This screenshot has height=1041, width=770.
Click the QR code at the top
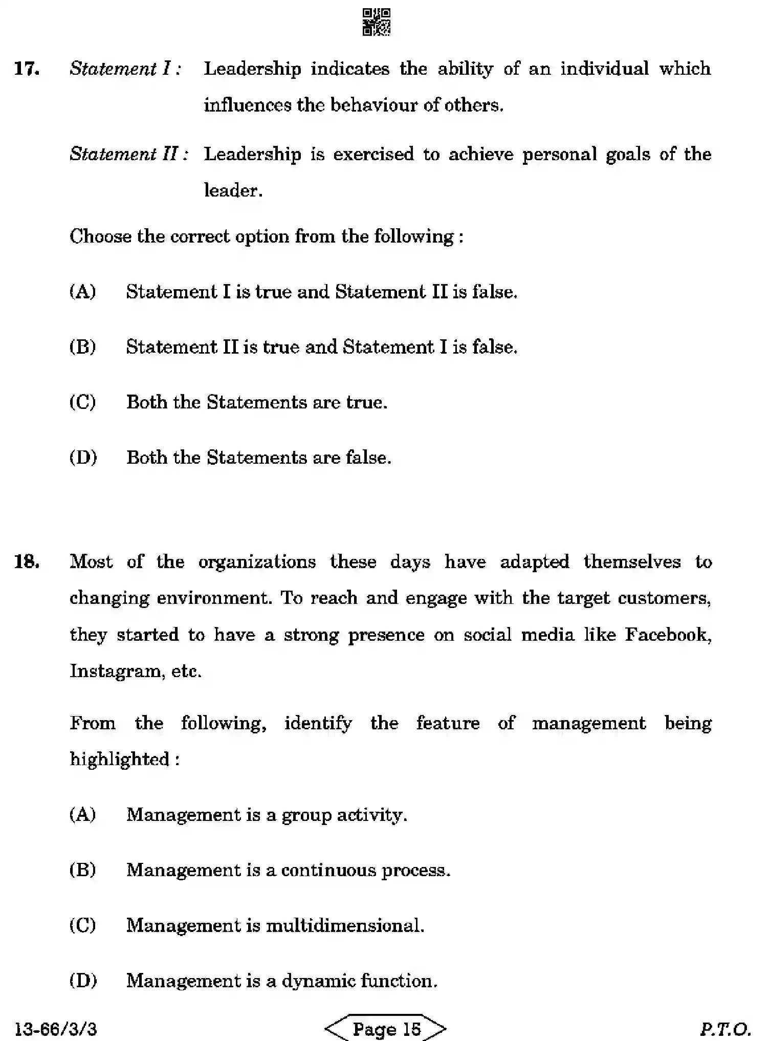(x=377, y=22)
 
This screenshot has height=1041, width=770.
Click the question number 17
(x=26, y=69)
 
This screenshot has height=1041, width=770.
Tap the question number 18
(x=26, y=562)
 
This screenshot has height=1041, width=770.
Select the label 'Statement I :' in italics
(x=125, y=69)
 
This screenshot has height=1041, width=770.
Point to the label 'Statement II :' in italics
(x=129, y=154)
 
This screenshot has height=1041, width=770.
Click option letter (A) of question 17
(x=83, y=292)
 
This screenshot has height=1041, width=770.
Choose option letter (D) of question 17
(x=83, y=457)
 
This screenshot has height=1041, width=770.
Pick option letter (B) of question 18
(x=83, y=870)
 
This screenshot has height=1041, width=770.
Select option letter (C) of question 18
(x=83, y=925)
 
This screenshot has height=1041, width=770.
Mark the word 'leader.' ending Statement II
(x=233, y=191)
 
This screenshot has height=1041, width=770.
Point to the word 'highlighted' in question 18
(x=119, y=760)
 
